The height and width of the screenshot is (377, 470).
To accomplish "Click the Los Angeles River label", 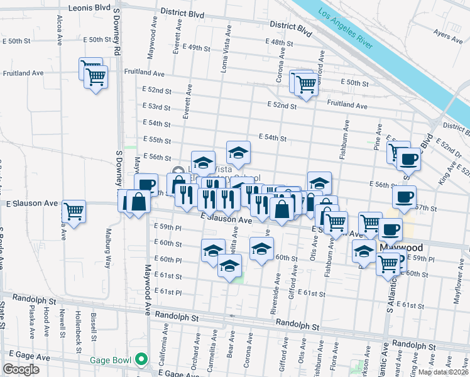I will [x=346, y=30].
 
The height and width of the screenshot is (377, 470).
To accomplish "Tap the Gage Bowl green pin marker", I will [x=143, y=359].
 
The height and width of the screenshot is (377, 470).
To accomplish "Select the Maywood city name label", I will [x=402, y=248].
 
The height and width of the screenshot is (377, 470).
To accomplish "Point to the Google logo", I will [x=21, y=369].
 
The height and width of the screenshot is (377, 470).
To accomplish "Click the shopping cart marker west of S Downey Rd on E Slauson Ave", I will [x=75, y=211].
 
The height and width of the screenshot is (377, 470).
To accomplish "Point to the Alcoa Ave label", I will [x=60, y=29].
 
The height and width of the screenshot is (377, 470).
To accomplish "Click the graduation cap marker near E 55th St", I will [x=238, y=152].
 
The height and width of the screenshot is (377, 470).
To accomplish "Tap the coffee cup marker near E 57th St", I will [x=404, y=197].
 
